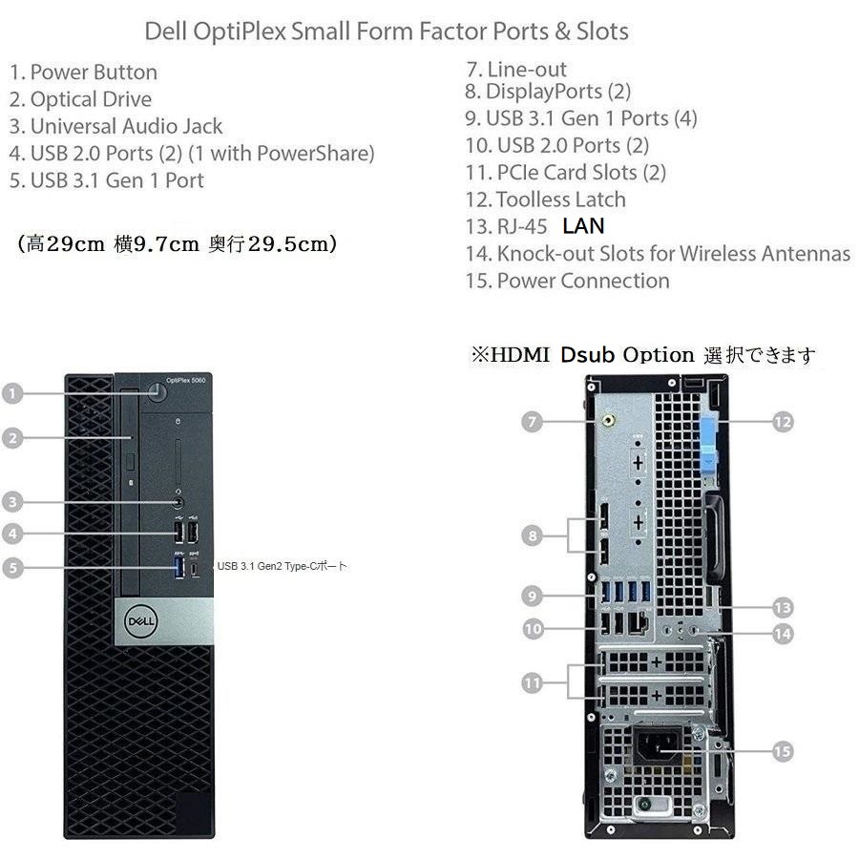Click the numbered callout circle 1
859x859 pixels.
click(x=12, y=393)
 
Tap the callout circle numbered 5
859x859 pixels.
click(x=12, y=568)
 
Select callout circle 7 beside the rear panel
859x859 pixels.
click(x=533, y=421)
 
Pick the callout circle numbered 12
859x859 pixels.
click(x=783, y=421)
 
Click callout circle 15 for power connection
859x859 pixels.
click(x=782, y=752)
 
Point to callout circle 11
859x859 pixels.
click(x=533, y=682)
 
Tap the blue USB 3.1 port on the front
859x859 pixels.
click(x=176, y=568)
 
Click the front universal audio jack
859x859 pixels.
click(x=178, y=500)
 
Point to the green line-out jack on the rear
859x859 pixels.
click(x=605, y=417)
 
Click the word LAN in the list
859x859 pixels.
click(x=583, y=226)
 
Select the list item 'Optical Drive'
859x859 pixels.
click(x=91, y=99)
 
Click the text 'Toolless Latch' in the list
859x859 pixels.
click(x=560, y=199)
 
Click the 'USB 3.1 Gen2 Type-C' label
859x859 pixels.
click(x=282, y=567)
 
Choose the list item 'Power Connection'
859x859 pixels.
click(x=582, y=281)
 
